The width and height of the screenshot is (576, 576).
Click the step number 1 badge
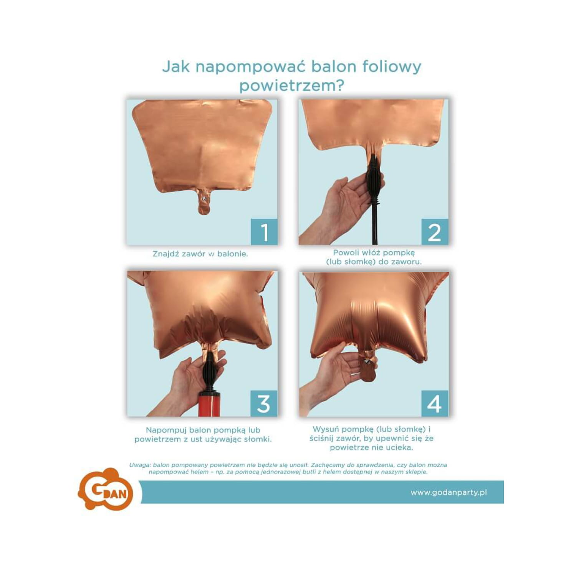point(264,232)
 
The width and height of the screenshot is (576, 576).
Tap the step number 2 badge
point(435,232)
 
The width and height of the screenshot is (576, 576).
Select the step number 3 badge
point(264,403)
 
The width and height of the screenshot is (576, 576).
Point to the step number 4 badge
point(435,403)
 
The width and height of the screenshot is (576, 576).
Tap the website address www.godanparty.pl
point(449,492)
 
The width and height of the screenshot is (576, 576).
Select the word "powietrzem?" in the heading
point(291,85)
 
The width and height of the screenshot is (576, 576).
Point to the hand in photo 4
point(330,376)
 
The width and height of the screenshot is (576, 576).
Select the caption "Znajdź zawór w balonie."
point(200,254)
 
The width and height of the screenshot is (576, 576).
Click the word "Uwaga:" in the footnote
point(140,465)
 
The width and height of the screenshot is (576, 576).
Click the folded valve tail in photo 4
point(368,368)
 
